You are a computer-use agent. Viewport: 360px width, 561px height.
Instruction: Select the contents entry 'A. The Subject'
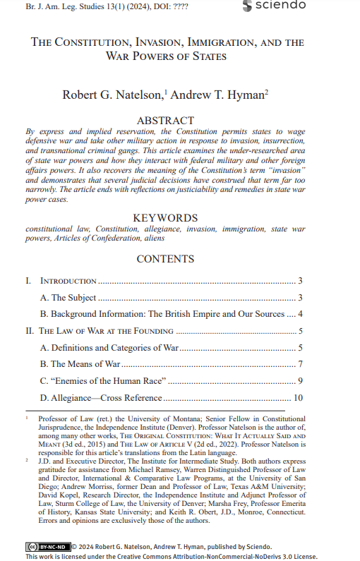pos(68,298)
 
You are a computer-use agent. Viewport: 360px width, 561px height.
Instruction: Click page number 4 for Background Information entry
pos(300,314)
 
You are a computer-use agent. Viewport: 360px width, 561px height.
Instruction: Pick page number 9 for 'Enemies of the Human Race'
pos(300,381)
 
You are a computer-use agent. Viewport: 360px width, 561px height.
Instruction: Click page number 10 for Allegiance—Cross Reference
pos(298,398)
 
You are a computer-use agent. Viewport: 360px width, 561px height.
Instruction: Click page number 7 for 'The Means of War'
pos(300,364)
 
